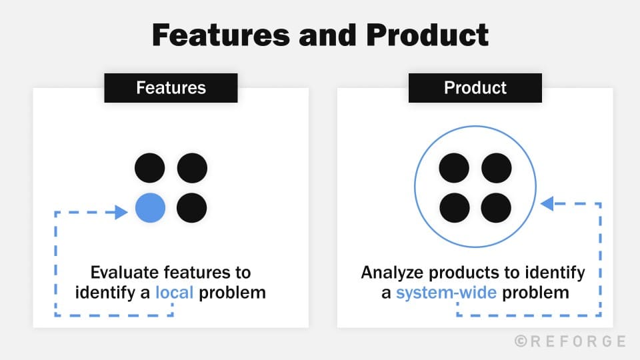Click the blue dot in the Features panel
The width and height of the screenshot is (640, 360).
[x=150, y=208]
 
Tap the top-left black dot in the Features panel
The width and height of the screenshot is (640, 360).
[x=150, y=167]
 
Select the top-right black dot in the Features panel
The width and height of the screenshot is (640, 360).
[x=191, y=167]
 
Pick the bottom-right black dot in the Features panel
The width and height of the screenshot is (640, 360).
[x=191, y=208]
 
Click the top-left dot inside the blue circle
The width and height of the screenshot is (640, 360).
[x=455, y=167]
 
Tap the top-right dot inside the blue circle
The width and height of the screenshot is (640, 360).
[x=496, y=167]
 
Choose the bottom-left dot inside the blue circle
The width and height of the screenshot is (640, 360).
[x=455, y=208]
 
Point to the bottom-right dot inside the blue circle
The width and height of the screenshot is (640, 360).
[x=496, y=208]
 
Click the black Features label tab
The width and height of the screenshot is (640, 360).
[x=171, y=88]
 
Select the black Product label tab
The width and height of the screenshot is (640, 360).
[x=475, y=88]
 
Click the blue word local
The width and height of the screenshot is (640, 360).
[x=174, y=292]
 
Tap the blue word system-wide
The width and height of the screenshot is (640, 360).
[x=446, y=292]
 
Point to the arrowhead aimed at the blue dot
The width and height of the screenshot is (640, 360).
[x=121, y=212]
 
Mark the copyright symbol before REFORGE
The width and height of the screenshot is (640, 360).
[x=521, y=341]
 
